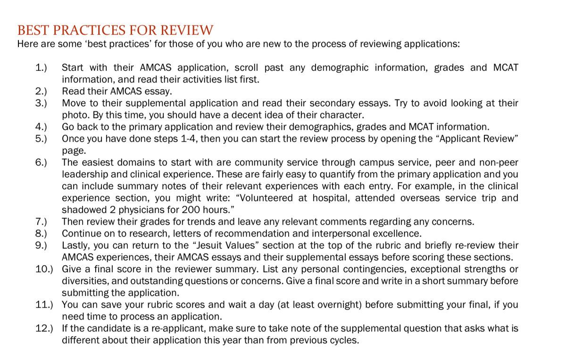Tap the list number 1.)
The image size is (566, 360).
tap(41, 67)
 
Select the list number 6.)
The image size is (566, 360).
tap(41, 163)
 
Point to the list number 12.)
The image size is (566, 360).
tap(44, 328)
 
